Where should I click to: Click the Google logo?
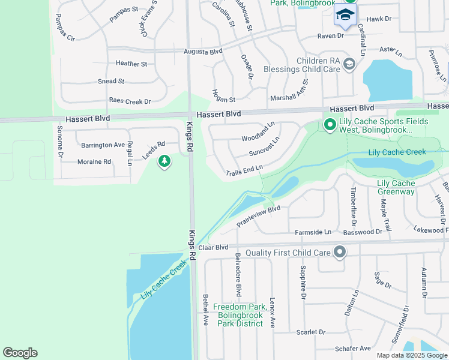click(x=20, y=353)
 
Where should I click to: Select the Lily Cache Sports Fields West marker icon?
click(x=330, y=125)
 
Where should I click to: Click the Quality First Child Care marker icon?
click(x=340, y=253)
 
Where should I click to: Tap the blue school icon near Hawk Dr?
click(x=345, y=15)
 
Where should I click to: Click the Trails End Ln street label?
click(x=244, y=172)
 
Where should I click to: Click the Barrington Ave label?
click(x=103, y=145)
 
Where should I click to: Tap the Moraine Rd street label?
click(x=94, y=161)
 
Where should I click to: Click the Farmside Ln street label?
click(x=313, y=232)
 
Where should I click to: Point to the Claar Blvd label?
click(x=214, y=247)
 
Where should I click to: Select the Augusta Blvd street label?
click(x=203, y=52)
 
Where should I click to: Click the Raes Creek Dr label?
click(x=130, y=101)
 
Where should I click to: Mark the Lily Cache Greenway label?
click(x=396, y=187)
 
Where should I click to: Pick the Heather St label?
click(x=131, y=64)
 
